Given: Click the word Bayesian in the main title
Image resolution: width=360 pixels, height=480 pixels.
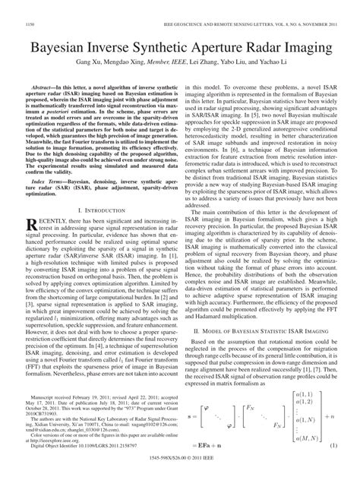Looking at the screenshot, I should click(x=63, y=48).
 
